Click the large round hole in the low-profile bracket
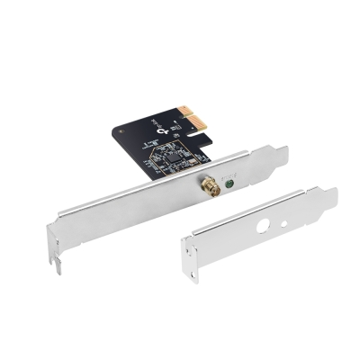263,225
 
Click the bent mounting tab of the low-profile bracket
328,197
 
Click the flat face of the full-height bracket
135,211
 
